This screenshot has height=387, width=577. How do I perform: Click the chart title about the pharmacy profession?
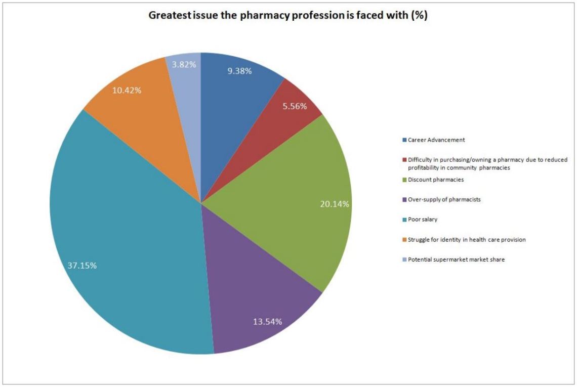(x=287, y=16)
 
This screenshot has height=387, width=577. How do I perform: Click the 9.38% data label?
(x=240, y=71)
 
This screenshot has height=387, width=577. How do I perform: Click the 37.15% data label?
(x=82, y=266)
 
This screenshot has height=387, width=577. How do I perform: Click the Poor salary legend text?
(x=423, y=220)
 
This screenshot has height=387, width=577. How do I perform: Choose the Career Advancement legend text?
(x=436, y=140)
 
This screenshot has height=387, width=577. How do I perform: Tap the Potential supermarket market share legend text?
(x=456, y=260)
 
